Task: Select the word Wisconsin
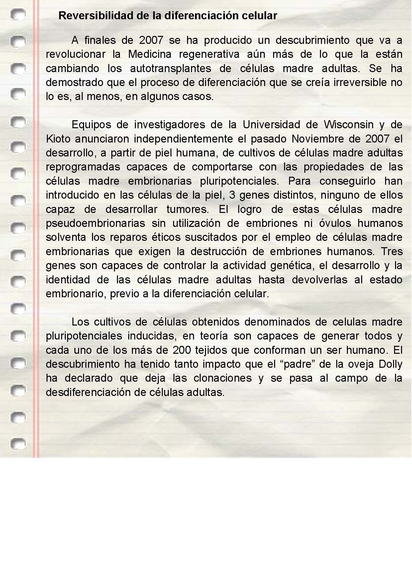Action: (x=349, y=125)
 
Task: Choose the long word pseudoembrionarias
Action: (x=95, y=223)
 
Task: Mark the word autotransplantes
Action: (x=170, y=68)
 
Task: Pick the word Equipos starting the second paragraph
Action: (x=91, y=125)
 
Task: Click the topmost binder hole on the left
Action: (x=18, y=15)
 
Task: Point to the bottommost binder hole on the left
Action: (x=18, y=443)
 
